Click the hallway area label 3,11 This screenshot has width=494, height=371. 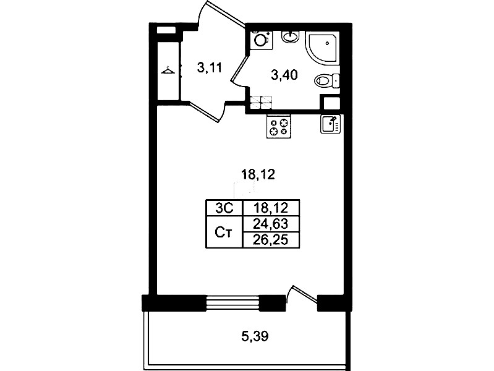tap(210, 68)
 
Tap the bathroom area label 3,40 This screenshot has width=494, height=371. tap(284, 75)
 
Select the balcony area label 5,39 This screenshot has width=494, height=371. tap(255, 336)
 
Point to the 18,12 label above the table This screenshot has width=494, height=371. tap(258, 174)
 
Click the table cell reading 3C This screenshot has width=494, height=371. tap(224, 208)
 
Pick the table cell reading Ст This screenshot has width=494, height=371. tap(224, 232)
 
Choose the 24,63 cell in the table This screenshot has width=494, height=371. tap(271, 224)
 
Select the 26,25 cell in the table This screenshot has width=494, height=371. tap(271, 240)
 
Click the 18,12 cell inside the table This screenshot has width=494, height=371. tap(271, 208)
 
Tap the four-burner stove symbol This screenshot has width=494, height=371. tap(279, 126)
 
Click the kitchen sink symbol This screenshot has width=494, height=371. tap(331, 124)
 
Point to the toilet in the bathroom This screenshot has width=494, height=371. tap(327, 80)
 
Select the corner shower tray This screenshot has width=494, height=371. tap(323, 48)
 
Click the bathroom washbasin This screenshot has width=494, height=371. tap(291, 37)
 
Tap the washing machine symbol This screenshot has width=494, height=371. tap(261, 40)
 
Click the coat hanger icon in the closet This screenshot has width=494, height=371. tap(168, 70)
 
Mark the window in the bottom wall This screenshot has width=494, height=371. tap(232, 303)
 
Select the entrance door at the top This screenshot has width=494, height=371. tap(222, 14)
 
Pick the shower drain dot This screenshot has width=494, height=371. tap(328, 43)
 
